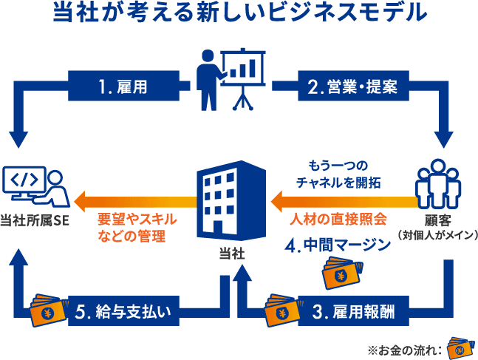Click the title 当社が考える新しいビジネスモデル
pos(239,13)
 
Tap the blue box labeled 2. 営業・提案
pos(353,86)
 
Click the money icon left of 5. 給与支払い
pos(44,310)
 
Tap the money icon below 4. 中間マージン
pos(341,274)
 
